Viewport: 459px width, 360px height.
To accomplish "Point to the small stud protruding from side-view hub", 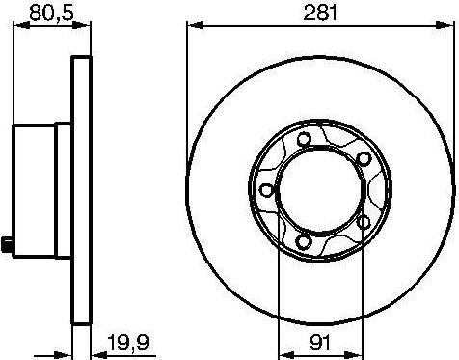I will click(10, 244).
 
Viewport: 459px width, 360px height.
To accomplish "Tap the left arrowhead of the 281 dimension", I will click(189, 28).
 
